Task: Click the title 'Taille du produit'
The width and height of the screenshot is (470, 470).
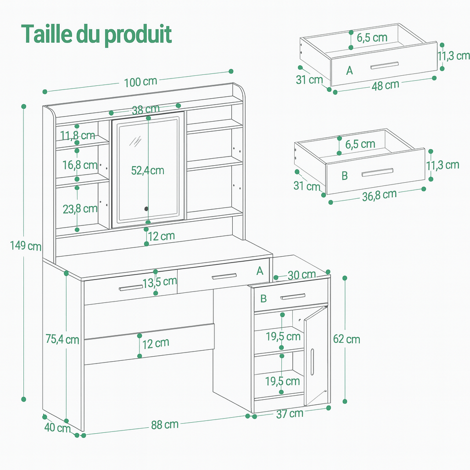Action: tap(96, 34)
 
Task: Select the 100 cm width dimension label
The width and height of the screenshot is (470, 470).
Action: tap(140, 82)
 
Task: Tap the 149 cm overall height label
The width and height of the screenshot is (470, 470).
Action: tap(26, 246)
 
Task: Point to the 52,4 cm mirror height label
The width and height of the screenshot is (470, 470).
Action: tap(147, 170)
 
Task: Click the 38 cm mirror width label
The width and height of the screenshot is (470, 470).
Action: tap(145, 110)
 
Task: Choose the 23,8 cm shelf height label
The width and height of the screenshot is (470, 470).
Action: tap(80, 209)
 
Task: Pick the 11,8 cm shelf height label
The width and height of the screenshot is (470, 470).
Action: tap(78, 135)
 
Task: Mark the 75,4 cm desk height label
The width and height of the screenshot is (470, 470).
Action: tap(62, 340)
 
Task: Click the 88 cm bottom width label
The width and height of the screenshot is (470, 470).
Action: tap(165, 425)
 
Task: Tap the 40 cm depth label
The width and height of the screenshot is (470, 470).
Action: tap(57, 427)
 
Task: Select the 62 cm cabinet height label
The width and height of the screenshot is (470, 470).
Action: tap(347, 339)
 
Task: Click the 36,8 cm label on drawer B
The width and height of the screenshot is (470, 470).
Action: tap(379, 195)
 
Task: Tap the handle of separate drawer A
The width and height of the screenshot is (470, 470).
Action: tap(385, 66)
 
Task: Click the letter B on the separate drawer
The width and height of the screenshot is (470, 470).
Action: tap(345, 176)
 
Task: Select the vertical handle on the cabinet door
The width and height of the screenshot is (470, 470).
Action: tap(312, 362)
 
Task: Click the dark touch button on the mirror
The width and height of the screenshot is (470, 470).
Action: tap(146, 209)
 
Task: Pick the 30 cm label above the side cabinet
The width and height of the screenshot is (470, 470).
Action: tap(302, 275)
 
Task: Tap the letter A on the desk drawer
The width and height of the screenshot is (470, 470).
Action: tap(260, 271)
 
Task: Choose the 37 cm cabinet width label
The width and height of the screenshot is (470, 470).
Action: tap(290, 414)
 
